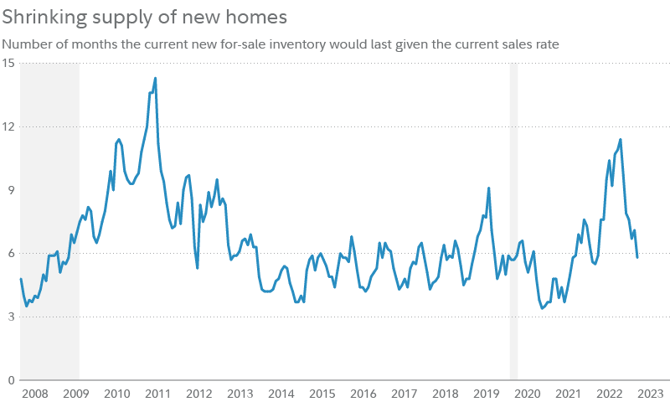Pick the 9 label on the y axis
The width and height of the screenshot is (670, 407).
click(x=10, y=190)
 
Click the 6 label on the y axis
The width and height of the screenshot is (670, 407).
click(x=10, y=253)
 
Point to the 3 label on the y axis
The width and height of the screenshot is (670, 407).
click(x=10, y=317)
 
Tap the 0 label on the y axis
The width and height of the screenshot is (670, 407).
click(x=10, y=379)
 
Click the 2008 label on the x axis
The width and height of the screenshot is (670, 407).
click(x=33, y=394)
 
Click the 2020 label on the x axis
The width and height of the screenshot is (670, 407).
click(x=527, y=394)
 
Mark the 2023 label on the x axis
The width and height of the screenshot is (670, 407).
click(x=650, y=394)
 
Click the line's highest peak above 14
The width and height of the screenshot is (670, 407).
click(x=155, y=79)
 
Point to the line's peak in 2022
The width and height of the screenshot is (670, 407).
click(x=620, y=140)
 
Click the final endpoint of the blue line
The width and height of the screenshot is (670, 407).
click(x=637, y=257)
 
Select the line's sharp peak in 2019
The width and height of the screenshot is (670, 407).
click(x=489, y=188)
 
